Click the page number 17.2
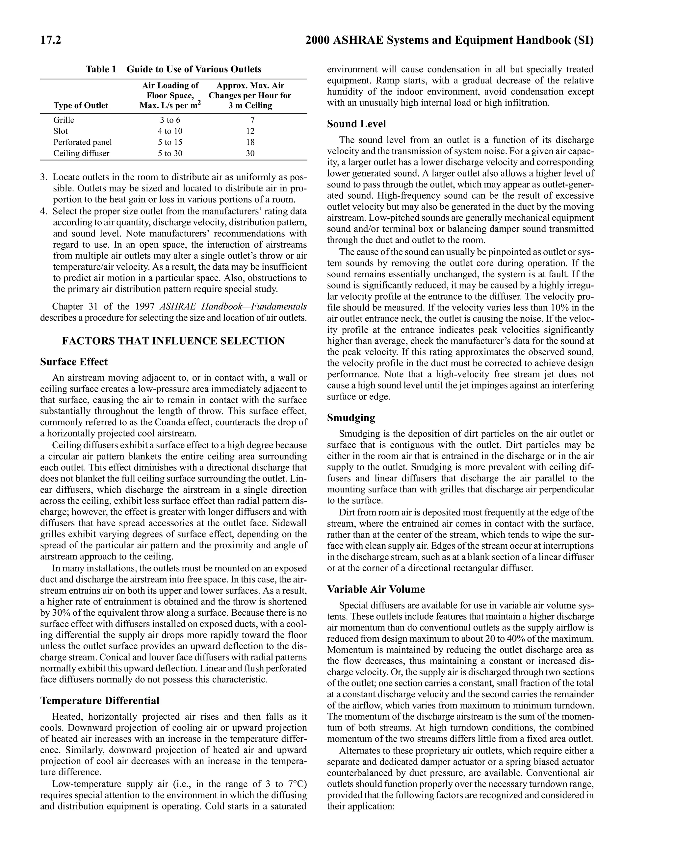pyautogui.click(x=50, y=40)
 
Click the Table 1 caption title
pyautogui.click(x=173, y=69)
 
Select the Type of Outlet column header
pyautogui.click(x=81, y=106)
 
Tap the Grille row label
pyautogui.click(x=64, y=120)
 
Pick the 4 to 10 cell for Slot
pyautogui.click(x=170, y=131)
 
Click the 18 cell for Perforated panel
pyautogui.click(x=250, y=142)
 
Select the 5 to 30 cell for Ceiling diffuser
pyautogui.click(x=170, y=153)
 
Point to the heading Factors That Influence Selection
pyautogui.click(x=173, y=341)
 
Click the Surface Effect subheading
pyautogui.click(x=74, y=362)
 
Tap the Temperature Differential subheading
pyautogui.click(x=100, y=701)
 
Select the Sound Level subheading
pyautogui.click(x=356, y=124)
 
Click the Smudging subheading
pyautogui.click(x=351, y=418)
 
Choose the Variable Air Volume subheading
pyautogui.click(x=376, y=589)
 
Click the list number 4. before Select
pyautogui.click(x=44, y=211)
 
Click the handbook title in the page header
pyautogui.click(x=449, y=40)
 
